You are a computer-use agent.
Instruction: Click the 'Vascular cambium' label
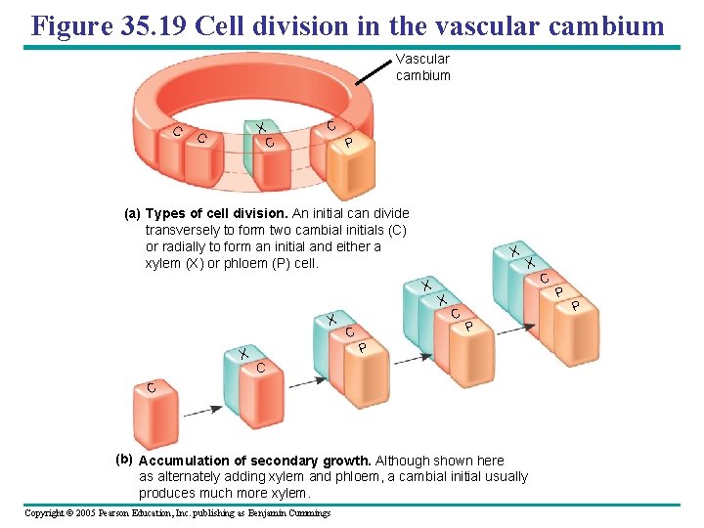(x=422, y=67)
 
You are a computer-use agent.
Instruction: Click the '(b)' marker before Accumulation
(x=123, y=459)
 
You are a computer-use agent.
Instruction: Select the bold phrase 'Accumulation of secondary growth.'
(x=255, y=461)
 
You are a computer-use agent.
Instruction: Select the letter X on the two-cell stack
(x=243, y=353)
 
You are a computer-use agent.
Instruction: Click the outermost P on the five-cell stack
(x=575, y=306)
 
